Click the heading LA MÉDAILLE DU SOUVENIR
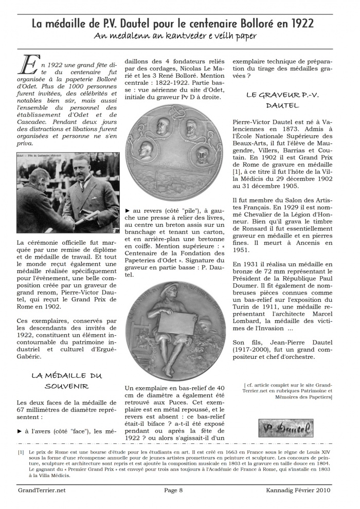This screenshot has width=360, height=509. (67, 380)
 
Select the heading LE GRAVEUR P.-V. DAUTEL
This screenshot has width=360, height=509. (279, 100)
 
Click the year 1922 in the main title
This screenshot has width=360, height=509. (300, 24)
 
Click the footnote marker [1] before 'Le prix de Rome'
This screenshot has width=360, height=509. (21, 452)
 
